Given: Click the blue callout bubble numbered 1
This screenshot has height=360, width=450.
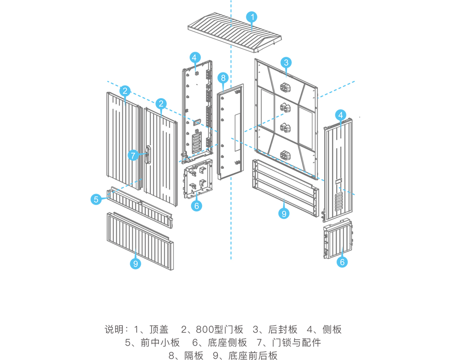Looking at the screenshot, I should pos(252,18).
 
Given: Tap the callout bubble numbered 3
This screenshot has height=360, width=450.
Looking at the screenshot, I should pos(286,63).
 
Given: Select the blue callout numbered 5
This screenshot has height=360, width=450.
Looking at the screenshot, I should pos(96,199).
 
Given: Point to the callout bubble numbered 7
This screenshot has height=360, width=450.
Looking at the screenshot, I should pos(133,156).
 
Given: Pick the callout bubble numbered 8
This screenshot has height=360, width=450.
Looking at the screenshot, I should pos(223,78).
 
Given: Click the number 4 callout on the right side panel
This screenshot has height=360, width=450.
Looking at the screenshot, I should pos(341,115).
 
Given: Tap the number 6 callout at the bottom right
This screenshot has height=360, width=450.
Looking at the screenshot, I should pos(342,262).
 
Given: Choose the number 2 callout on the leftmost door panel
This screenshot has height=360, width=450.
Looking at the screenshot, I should pos(126,90).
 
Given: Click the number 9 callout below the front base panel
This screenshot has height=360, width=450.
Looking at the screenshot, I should pos(135,263).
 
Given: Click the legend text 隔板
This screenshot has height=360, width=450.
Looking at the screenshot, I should pos(193,355).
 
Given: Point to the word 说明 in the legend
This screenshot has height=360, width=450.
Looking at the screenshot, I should pos(113,329).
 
